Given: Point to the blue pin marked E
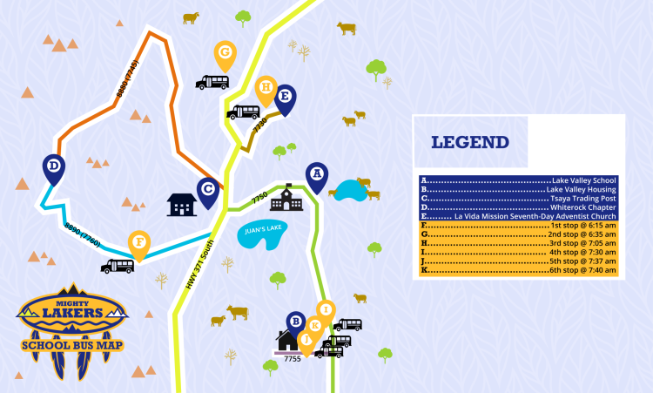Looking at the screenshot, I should [284, 98].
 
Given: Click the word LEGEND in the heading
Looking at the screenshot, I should [470, 142].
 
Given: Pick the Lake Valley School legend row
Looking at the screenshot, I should [518, 180].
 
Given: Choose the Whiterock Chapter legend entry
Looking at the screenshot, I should [518, 207].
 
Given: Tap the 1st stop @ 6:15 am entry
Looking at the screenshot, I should [518, 226].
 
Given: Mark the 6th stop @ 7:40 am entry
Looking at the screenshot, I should [518, 271].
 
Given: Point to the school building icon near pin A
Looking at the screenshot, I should [282, 201].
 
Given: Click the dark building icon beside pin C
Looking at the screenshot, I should [181, 205].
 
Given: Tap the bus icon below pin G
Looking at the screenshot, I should [212, 82].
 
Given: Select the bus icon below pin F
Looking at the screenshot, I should [117, 266].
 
